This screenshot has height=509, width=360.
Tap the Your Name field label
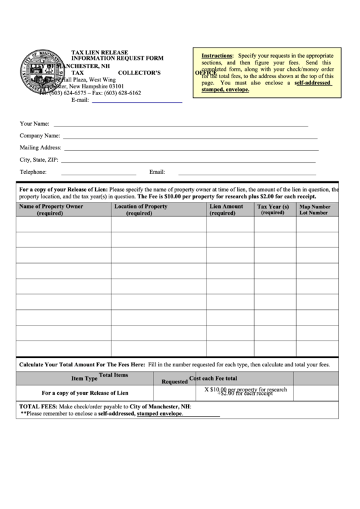[34, 124]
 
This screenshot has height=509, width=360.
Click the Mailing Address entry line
[191, 147]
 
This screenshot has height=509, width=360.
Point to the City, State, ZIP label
[39, 160]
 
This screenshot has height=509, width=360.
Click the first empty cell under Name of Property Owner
[63, 225]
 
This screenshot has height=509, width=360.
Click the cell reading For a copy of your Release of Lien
[85, 393]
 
